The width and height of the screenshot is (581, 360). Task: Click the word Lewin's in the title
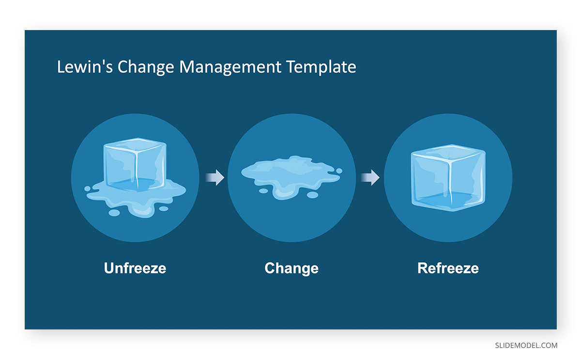pyautogui.click(x=85, y=67)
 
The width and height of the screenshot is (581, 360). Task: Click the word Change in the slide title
pyautogui.click(x=146, y=67)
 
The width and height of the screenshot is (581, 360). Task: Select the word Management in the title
pyautogui.click(x=230, y=67)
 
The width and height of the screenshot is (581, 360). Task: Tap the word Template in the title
pyautogui.click(x=321, y=67)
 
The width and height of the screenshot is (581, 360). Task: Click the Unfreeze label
pyautogui.click(x=135, y=268)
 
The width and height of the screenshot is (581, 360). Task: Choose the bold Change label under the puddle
pyautogui.click(x=291, y=268)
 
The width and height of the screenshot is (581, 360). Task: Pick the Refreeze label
pyautogui.click(x=448, y=268)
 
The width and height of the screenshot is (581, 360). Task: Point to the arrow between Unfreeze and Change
pyautogui.click(x=215, y=177)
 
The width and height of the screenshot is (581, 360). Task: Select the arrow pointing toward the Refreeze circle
pyautogui.click(x=370, y=177)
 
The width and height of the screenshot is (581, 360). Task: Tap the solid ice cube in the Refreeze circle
pyautogui.click(x=448, y=178)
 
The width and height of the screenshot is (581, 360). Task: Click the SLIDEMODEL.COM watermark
pyautogui.click(x=526, y=345)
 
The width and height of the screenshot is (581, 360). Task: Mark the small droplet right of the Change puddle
pyautogui.click(x=339, y=171)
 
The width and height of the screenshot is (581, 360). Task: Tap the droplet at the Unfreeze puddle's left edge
pyautogui.click(x=88, y=188)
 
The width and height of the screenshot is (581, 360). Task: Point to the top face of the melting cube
pyautogui.click(x=135, y=144)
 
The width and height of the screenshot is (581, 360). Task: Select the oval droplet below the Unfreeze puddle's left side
pyautogui.click(x=114, y=213)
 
